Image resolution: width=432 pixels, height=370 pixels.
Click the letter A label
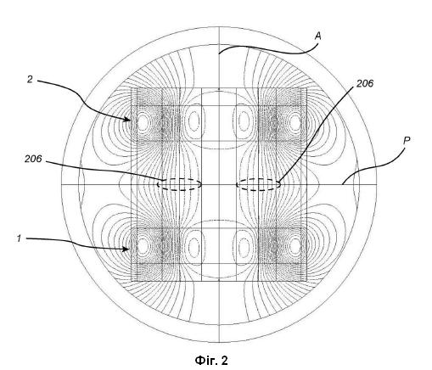pos(318,36)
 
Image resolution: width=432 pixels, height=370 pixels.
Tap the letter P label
pos(407,141)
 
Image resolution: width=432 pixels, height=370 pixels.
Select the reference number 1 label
pos(19,238)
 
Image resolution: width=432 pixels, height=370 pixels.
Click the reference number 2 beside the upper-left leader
pos(30,80)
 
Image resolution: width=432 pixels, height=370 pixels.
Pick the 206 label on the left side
pos(33,159)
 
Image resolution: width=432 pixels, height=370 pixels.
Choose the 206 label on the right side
pos(365,83)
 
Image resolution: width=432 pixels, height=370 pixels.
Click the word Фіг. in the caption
pos(205,361)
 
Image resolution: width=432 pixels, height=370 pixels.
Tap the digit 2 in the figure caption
pos(224,361)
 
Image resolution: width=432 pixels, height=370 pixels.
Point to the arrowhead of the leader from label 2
pos(128,120)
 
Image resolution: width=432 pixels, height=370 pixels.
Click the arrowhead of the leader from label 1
pos(126,249)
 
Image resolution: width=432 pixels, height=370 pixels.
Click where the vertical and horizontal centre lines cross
pos(219,185)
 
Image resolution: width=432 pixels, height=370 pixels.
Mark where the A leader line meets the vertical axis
pos(219,53)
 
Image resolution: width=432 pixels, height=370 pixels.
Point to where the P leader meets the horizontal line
pos(342,184)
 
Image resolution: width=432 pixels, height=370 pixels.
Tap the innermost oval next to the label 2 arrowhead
pos(143,123)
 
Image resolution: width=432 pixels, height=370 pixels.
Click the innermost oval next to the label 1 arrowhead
pos(143,245)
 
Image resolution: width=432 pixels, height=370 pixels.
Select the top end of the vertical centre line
pos(219,27)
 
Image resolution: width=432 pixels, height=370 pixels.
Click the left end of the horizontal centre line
pos(61,185)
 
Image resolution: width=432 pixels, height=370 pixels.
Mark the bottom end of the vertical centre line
pos(219,342)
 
